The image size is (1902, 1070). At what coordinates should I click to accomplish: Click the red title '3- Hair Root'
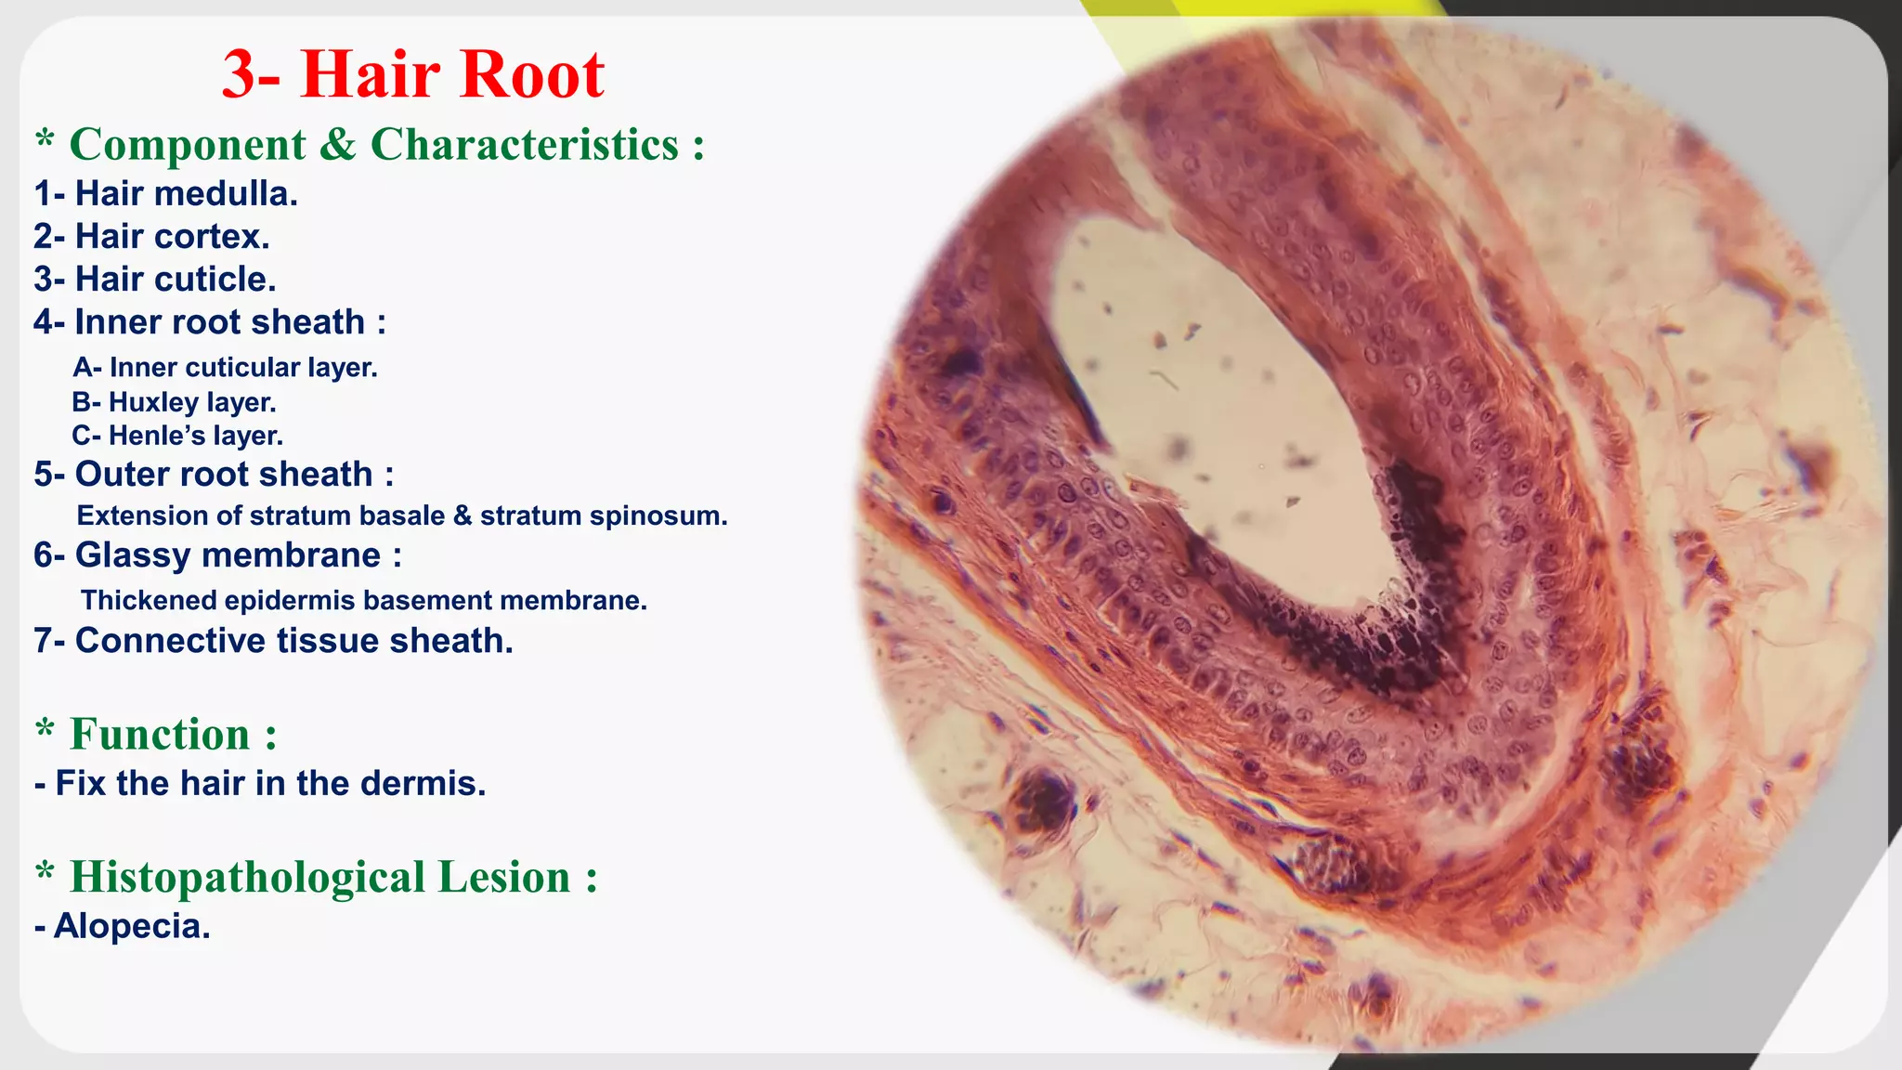413,74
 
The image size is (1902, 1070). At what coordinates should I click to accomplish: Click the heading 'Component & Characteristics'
371,145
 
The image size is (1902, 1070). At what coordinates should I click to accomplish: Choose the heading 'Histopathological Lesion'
320,878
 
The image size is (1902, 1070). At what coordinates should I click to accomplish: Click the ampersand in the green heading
338,146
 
